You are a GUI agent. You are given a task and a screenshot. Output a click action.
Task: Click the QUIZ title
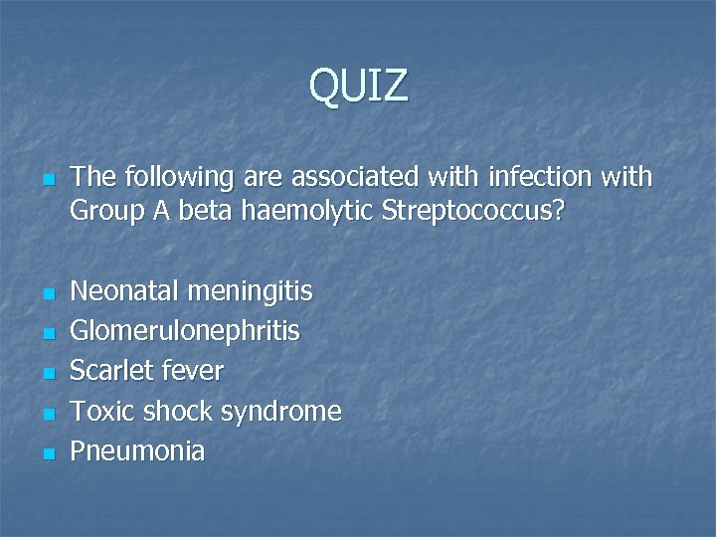pos(358,86)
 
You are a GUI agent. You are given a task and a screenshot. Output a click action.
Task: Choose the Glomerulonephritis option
pos(185,331)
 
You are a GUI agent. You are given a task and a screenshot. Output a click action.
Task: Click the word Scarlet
pos(111,371)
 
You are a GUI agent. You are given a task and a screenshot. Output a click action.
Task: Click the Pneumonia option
pos(137,450)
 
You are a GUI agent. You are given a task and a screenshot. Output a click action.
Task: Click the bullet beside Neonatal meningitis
pos(46,294)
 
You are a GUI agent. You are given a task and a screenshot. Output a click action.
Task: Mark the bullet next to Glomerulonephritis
pos(46,334)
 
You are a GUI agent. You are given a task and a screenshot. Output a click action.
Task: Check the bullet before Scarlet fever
pos(46,374)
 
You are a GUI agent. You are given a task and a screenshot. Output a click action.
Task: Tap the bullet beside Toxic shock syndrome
pos(46,414)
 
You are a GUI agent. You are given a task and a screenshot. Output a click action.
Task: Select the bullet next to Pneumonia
pos(46,453)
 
